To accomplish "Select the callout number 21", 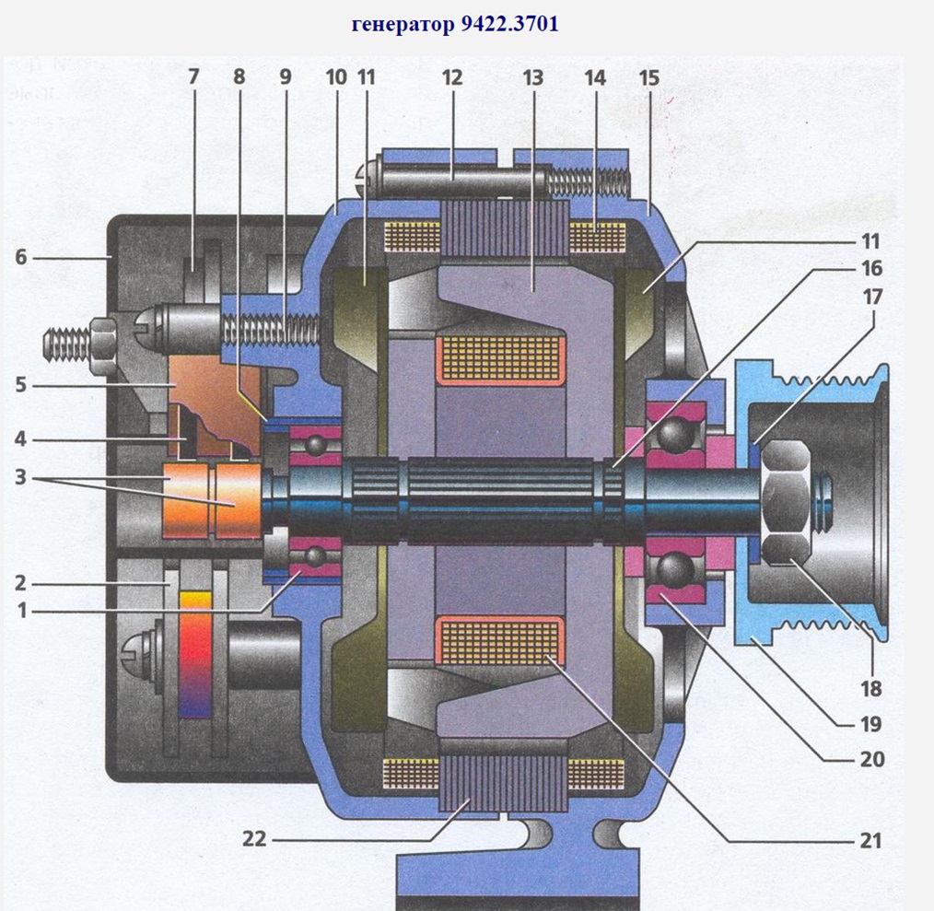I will pyautogui.click(x=870, y=840).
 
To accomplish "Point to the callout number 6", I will pyautogui.click(x=20, y=259).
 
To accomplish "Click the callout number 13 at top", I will pyautogui.click(x=532, y=77).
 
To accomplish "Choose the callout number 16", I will pyautogui.click(x=871, y=268).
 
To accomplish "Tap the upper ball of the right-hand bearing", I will pyautogui.click(x=676, y=431).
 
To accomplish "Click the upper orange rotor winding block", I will pyautogui.click(x=502, y=358).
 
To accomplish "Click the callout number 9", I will pyautogui.click(x=286, y=77).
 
